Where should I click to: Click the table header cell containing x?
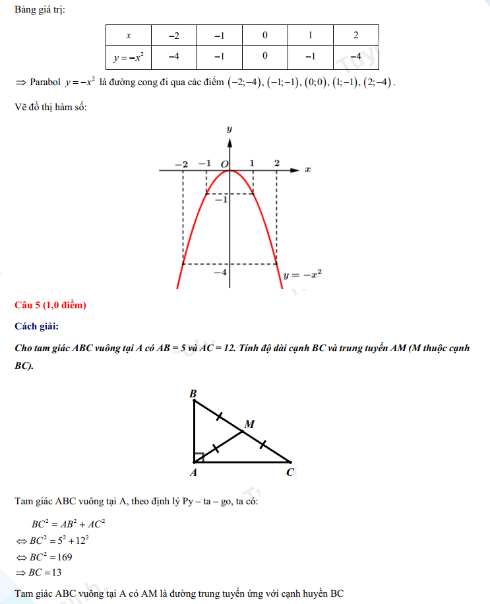[128, 35]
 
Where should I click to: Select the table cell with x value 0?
[264, 35]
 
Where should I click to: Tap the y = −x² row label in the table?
[128, 57]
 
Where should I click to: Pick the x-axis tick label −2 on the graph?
[181, 164]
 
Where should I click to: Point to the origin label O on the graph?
[224, 164]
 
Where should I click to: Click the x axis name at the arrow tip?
[307, 170]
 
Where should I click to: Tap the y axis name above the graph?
[229, 129]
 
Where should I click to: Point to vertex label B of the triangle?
[193, 394]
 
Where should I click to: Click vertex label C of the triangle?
[290, 472]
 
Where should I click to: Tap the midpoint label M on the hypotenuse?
[249, 424]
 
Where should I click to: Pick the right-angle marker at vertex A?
[199, 457]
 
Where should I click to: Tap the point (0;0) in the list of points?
[316, 83]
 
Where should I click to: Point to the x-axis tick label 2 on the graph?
[276, 163]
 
